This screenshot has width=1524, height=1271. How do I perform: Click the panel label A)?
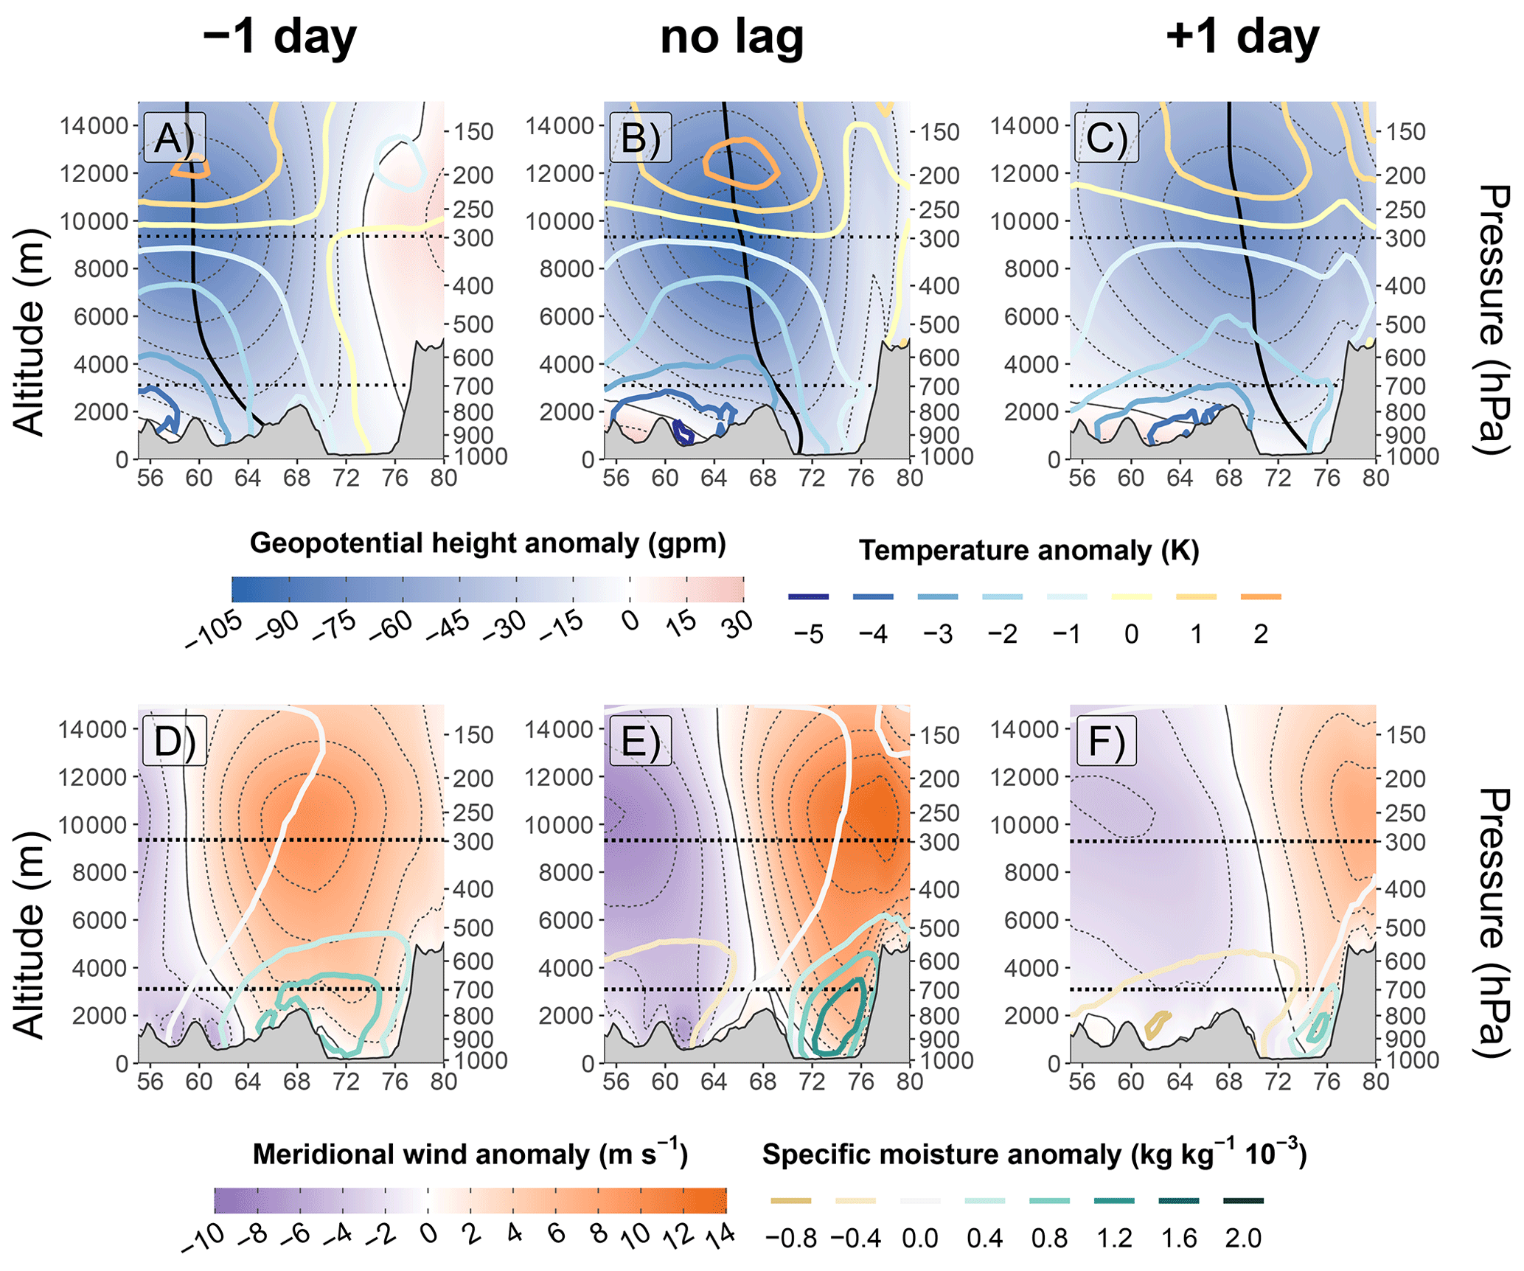tap(174, 137)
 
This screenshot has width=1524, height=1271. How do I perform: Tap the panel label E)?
tap(640, 741)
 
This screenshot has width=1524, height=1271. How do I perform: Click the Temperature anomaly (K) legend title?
tap(1029, 551)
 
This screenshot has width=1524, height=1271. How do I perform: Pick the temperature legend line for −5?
tap(808, 596)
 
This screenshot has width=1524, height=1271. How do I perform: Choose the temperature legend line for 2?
tap(1261, 596)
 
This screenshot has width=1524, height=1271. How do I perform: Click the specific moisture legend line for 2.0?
tap(1243, 1201)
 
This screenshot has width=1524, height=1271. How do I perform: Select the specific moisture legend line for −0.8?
tap(790, 1201)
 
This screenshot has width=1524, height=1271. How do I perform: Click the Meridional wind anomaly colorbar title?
tap(470, 1155)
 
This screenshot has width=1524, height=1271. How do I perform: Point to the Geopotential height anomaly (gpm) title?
tap(487, 543)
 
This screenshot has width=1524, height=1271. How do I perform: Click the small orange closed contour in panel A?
tap(190, 169)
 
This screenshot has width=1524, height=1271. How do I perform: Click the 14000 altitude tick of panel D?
tap(94, 729)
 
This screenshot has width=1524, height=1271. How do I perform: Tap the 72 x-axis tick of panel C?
tap(1277, 478)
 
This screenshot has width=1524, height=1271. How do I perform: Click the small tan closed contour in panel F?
tap(1158, 1023)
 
